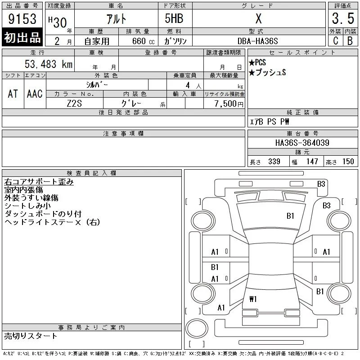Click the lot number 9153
tap(22, 18)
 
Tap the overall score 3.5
tap(343, 18)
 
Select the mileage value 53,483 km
tap(49, 64)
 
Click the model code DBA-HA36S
tap(257, 41)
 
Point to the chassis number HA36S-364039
tap(302, 143)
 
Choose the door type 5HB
tap(174, 18)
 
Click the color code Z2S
tap(74, 103)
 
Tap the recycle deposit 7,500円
tap(229, 103)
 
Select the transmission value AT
tap(13, 94)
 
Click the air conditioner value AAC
tap(35, 94)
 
